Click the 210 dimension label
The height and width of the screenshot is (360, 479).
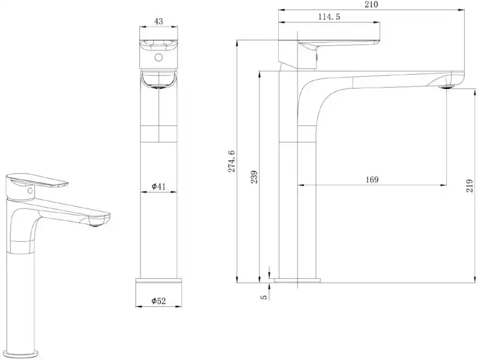[371, 4]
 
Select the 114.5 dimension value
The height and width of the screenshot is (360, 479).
[329, 17]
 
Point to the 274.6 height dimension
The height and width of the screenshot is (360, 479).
[232, 161]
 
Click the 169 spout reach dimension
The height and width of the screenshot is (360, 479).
[372, 180]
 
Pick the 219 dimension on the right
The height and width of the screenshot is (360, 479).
[470, 185]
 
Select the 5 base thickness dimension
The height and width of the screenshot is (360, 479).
[264, 296]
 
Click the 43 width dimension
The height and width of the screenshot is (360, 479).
[159, 21]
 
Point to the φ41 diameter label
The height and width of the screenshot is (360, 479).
[159, 187]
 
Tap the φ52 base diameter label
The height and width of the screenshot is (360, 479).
[159, 301]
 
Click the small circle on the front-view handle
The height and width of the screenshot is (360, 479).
[159, 58]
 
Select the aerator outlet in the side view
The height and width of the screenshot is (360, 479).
[446, 86]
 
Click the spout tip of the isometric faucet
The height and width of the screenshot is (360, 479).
[97, 221]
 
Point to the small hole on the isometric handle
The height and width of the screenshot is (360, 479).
[28, 191]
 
